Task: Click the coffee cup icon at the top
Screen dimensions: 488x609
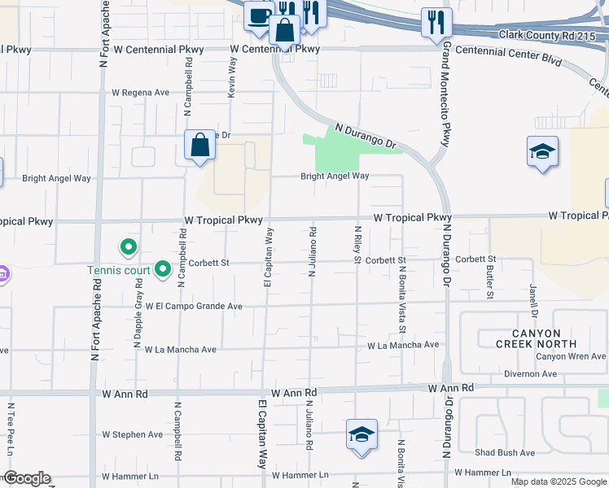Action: [259, 15]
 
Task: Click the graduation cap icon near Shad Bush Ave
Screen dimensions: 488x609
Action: [361, 435]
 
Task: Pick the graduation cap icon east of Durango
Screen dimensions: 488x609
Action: [542, 152]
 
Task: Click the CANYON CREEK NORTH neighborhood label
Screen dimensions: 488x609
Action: [537, 338]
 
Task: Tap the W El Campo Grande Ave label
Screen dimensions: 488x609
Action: [195, 307]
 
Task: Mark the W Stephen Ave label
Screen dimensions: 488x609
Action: [132, 434]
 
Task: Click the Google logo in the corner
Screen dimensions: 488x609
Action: [27, 479]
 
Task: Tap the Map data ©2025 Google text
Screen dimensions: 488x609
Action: [558, 481]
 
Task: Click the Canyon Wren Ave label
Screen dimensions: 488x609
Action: [570, 356]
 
